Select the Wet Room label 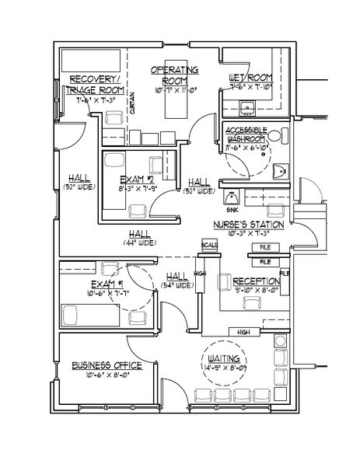click(x=249, y=78)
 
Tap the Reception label click(x=252, y=281)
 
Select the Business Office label click(x=106, y=365)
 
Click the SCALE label click(x=208, y=246)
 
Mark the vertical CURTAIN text click(x=133, y=111)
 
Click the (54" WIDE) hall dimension click(x=177, y=285)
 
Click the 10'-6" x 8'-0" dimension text click(x=107, y=375)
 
